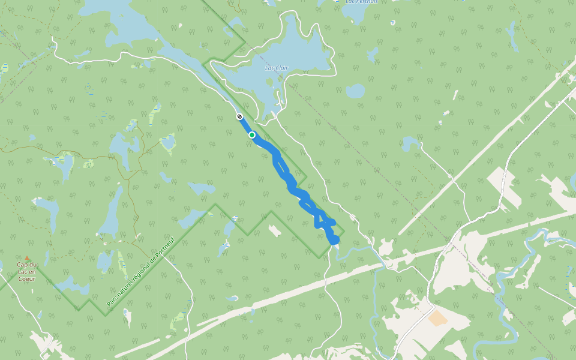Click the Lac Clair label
click(x=277, y=68)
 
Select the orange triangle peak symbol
click(x=26, y=258)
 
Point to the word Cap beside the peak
click(x=23, y=265)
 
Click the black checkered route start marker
click(x=239, y=116)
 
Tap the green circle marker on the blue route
click(x=252, y=135)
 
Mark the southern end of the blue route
click(x=335, y=241)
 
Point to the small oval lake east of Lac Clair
click(x=355, y=91)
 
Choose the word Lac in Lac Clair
click(x=269, y=68)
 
